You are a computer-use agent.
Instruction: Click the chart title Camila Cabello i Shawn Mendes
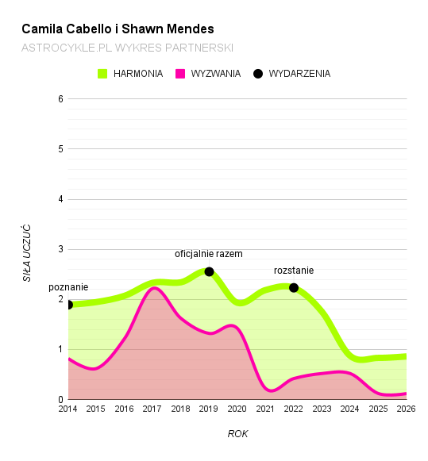(118, 29)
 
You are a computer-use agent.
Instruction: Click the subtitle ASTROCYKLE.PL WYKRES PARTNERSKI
(127, 48)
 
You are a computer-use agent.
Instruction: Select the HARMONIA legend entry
(132, 74)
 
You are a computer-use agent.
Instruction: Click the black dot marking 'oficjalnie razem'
(210, 271)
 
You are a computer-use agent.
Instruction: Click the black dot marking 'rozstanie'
(294, 287)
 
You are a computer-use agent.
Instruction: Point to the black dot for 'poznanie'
(69, 305)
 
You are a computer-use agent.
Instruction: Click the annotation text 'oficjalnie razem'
(208, 254)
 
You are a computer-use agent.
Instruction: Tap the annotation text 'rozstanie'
(294, 271)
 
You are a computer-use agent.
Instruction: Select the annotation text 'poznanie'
(68, 287)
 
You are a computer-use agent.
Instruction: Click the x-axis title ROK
(237, 434)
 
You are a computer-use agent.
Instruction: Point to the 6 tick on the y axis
(60, 99)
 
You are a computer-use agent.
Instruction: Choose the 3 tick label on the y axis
(60, 249)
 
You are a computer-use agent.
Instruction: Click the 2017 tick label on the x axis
(152, 409)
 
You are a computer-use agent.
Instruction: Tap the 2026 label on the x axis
(406, 409)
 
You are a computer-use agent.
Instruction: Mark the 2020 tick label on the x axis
(237, 409)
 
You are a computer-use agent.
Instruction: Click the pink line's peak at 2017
(154, 288)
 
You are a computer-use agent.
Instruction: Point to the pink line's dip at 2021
(271, 390)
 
